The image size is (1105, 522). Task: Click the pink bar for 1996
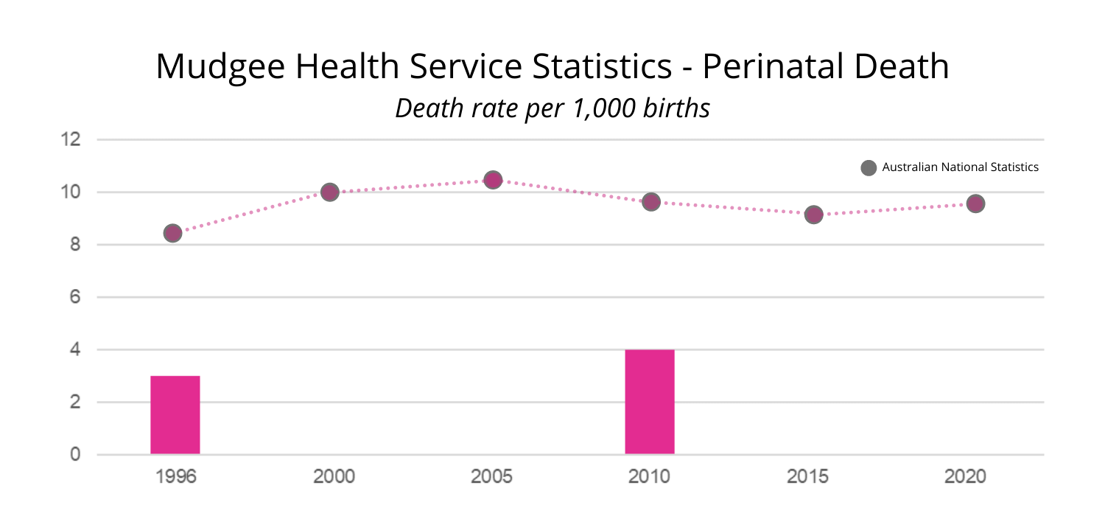click(x=175, y=415)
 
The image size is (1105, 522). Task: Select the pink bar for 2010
click(x=650, y=402)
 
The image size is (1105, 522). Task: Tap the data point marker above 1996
click(x=172, y=233)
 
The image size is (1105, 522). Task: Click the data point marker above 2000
click(x=330, y=192)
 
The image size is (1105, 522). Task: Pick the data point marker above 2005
click(x=493, y=180)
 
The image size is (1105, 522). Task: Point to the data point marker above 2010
click(x=650, y=202)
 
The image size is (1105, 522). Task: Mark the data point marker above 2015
click(x=813, y=215)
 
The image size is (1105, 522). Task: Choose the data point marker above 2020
click(x=975, y=203)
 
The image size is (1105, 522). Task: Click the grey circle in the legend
click(x=869, y=167)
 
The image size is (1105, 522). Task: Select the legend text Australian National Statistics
click(x=960, y=167)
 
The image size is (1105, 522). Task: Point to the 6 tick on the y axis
click(x=75, y=297)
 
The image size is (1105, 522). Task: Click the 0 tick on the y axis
click(x=75, y=455)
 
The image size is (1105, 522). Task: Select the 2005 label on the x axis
click(x=492, y=477)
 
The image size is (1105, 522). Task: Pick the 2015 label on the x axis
click(x=807, y=477)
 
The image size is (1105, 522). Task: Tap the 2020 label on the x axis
click(x=965, y=477)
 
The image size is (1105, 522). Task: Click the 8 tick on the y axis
click(x=75, y=245)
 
